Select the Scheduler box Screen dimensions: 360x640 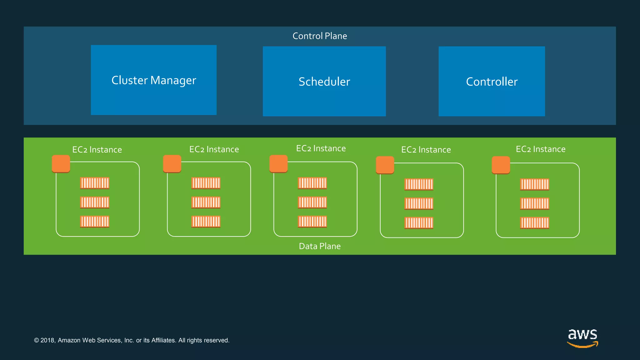[x=324, y=82]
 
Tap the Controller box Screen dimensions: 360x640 [x=492, y=82]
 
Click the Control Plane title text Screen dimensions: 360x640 [x=320, y=36]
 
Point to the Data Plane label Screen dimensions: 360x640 [x=320, y=246]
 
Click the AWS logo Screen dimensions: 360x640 [x=582, y=337]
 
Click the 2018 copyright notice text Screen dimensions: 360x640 [x=132, y=340]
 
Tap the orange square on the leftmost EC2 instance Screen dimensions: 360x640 [x=61, y=164]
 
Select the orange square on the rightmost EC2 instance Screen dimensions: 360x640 [x=501, y=165]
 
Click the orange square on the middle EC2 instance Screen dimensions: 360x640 [x=278, y=164]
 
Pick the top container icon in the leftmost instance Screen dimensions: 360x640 [x=95, y=183]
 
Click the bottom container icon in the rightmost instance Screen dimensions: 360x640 [x=534, y=223]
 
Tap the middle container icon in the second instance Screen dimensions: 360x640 [x=206, y=202]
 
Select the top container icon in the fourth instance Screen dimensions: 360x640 [x=419, y=184]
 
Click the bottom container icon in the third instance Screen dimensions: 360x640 [x=312, y=222]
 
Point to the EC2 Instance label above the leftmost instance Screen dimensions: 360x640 [x=97, y=150]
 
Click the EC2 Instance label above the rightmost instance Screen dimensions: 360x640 [x=541, y=149]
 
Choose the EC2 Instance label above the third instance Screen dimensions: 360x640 [x=321, y=148]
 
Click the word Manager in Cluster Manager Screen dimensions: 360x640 [x=173, y=81]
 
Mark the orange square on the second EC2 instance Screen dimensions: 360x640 [x=172, y=164]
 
